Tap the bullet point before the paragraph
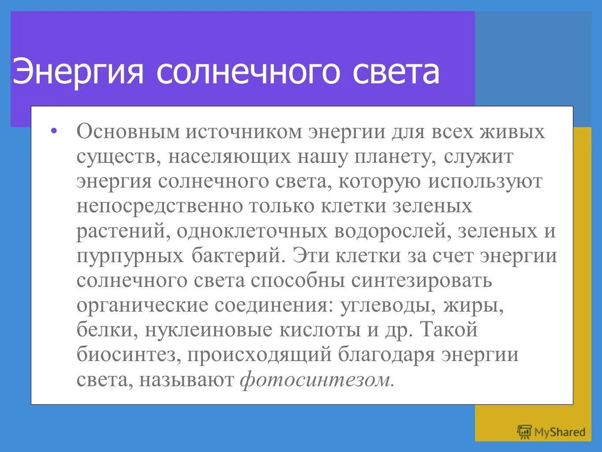[54, 131]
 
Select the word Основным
[127, 132]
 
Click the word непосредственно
[159, 207]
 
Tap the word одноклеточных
[252, 232]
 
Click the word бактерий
[236, 256]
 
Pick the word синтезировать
[421, 281]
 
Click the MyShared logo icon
[524, 432]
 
